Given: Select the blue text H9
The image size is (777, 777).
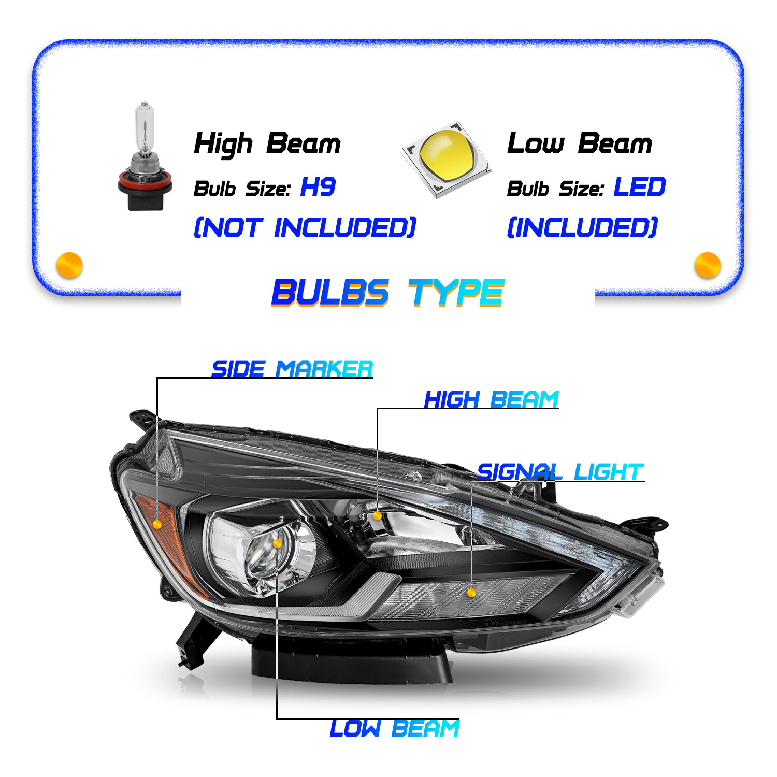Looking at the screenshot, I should click(318, 187).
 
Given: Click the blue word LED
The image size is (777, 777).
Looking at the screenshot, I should click(640, 187).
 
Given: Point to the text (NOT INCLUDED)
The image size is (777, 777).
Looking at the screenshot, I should click(305, 227).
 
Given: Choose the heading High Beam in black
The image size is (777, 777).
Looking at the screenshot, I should click(267, 143).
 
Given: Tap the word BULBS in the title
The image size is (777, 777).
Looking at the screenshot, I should click(330, 293).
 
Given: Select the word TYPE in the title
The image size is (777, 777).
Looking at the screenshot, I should click(456, 293).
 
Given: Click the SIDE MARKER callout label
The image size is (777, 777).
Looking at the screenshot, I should click(292, 369).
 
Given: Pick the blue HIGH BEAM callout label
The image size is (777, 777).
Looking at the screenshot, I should click(491, 399).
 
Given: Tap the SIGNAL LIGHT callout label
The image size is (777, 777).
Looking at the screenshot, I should click(559, 472).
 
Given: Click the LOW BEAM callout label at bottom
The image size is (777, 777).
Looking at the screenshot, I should click(394, 728).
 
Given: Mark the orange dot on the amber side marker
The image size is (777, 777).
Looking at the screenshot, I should click(157, 524).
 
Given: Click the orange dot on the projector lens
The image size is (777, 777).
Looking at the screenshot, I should click(277, 543).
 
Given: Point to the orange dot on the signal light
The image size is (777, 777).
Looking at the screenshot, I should click(471, 593).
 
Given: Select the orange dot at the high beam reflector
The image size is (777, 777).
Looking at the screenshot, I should click(377, 515).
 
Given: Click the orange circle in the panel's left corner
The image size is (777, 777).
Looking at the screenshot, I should click(69, 265).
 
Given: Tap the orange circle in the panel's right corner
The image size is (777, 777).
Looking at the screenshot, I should click(707, 265).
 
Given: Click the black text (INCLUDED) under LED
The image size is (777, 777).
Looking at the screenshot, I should click(582, 227).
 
